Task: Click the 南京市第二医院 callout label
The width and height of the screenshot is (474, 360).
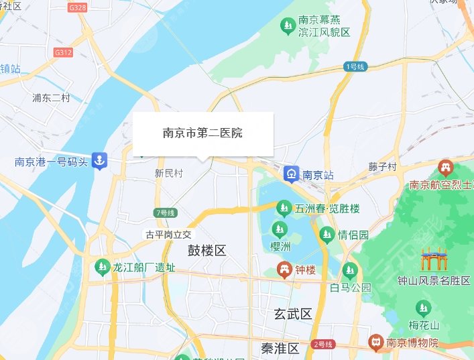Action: pos(202,133)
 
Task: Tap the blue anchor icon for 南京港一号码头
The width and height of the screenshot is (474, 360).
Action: pos(99,161)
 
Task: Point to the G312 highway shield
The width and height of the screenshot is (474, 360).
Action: pos(63,52)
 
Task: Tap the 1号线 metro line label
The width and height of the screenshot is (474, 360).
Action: pos(355,67)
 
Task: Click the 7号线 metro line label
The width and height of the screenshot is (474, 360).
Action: pos(165,213)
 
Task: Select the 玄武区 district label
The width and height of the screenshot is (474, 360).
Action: pos(293,314)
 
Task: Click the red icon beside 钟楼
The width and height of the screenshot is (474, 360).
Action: pos(284,269)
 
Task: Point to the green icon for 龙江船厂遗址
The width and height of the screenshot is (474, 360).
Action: pos(102,267)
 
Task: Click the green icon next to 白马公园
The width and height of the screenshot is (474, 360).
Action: pos(349,271)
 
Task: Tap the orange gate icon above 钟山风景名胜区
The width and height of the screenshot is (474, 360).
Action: pos(432,260)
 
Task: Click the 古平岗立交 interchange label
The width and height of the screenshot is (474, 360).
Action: pos(169,235)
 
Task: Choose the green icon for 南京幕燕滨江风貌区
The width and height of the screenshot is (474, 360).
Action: pos(287,26)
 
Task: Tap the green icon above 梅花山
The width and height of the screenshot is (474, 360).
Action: pos(424,308)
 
